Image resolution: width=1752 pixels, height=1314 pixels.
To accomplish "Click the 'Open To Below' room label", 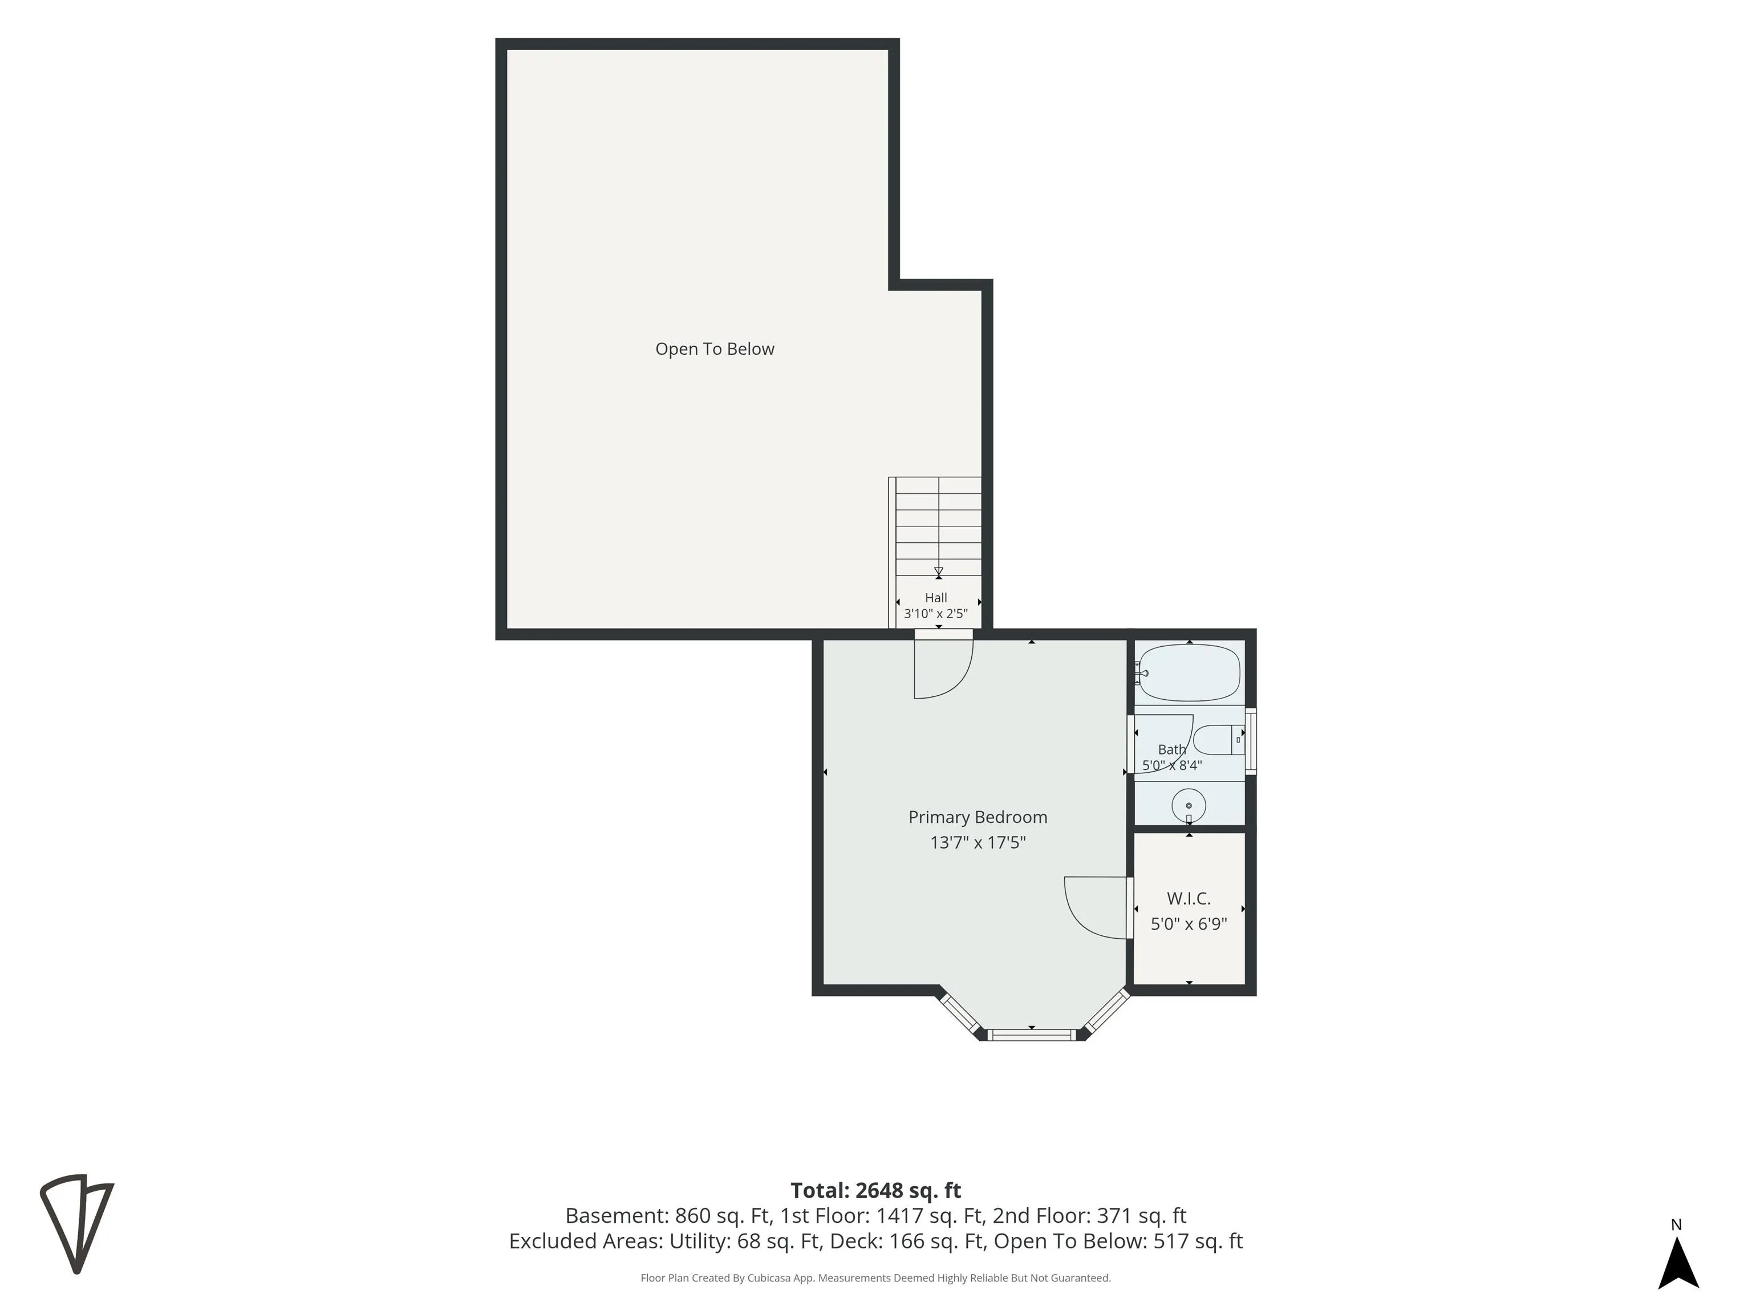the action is pyautogui.click(x=715, y=349).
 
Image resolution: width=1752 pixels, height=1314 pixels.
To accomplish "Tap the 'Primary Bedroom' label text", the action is pyautogui.click(x=978, y=817).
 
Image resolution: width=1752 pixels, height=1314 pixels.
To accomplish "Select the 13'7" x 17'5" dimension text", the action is pyautogui.click(x=978, y=842).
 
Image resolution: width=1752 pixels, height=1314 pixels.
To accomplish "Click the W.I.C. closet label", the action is pyautogui.click(x=1188, y=898).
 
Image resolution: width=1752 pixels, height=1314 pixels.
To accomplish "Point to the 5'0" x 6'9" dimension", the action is pyautogui.click(x=1188, y=923).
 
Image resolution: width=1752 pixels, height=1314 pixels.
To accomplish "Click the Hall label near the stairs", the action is pyautogui.click(x=936, y=598).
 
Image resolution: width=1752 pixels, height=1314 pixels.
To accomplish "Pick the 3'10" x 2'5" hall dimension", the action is pyautogui.click(x=936, y=614).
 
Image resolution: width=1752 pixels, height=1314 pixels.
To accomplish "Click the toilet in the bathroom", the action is pyautogui.click(x=1219, y=740).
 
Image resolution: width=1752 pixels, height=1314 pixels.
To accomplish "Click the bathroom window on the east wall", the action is pyautogui.click(x=1250, y=741).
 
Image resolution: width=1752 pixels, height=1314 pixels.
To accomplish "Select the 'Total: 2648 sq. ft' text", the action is pyautogui.click(x=875, y=1190).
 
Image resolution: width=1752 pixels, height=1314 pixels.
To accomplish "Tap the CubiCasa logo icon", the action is pyautogui.click(x=77, y=1224).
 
